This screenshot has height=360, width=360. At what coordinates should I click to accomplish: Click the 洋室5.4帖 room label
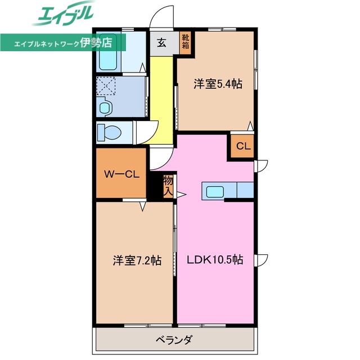[218, 84]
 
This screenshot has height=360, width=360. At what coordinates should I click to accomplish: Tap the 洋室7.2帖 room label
[137, 260]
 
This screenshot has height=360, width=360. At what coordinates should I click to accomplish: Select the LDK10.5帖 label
[215, 260]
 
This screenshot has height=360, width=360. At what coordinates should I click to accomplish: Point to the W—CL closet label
[121, 174]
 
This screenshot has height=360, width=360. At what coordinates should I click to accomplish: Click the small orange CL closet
[242, 147]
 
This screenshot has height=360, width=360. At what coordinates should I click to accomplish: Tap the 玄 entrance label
[161, 43]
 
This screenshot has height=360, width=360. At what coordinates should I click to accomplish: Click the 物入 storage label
[168, 186]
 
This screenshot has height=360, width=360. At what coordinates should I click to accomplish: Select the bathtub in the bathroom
[107, 56]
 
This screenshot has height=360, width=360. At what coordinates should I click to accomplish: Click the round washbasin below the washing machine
[105, 107]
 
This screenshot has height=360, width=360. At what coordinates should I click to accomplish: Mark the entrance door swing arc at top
[161, 16]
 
